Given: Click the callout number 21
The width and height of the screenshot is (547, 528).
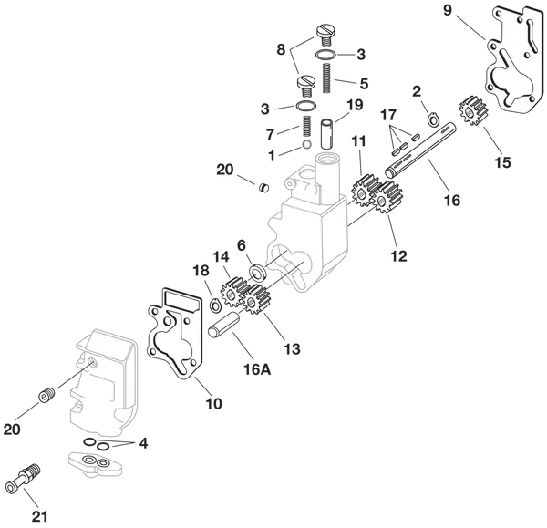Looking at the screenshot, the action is pyautogui.click(x=40, y=516).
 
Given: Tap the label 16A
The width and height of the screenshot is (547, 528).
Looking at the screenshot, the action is pyautogui.click(x=257, y=369).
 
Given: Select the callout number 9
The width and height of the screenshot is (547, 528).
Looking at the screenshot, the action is pyautogui.click(x=448, y=10).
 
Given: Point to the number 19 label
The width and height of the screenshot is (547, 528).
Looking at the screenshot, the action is pyautogui.click(x=355, y=105).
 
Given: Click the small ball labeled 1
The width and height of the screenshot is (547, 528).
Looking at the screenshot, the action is pyautogui.click(x=306, y=144).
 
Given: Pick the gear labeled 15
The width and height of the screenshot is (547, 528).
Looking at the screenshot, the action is pyautogui.click(x=472, y=111).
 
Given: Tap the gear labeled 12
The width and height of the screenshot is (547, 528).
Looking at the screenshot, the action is pyautogui.click(x=388, y=198).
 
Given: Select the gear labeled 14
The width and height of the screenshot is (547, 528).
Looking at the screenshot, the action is pyautogui.click(x=231, y=293).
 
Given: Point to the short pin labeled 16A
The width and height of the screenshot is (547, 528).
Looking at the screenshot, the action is pyautogui.click(x=223, y=325).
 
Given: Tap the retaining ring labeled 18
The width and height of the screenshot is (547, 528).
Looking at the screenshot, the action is pyautogui.click(x=215, y=305).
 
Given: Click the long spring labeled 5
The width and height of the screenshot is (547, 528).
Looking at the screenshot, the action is pyautogui.click(x=325, y=78).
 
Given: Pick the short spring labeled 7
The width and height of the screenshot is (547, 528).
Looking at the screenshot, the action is pyautogui.click(x=307, y=126).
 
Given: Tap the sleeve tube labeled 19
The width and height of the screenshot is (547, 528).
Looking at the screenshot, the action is pyautogui.click(x=328, y=134).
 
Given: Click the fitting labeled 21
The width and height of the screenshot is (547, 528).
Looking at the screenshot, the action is pyautogui.click(x=24, y=479).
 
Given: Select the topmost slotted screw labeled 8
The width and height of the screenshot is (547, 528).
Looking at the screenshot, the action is pyautogui.click(x=325, y=35).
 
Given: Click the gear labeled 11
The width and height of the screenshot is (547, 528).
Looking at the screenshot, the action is pyautogui.click(x=366, y=191).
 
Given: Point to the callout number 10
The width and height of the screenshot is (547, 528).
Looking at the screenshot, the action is pyautogui.click(x=213, y=404).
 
